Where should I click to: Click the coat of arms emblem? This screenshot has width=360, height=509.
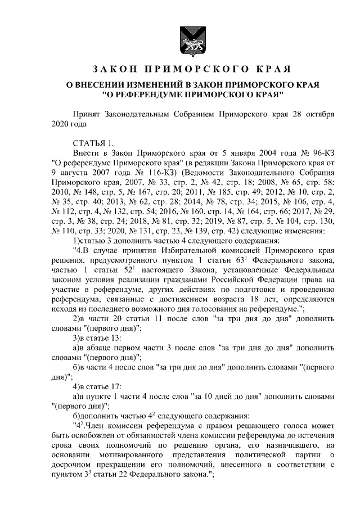187,40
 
